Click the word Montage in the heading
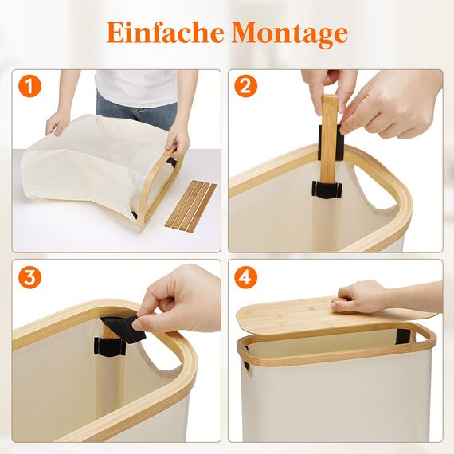pos(290,34)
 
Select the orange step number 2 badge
pos(247,86)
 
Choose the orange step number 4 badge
pos(247,278)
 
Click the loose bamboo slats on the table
pos(190,205)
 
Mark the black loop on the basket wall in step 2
pos(327,190)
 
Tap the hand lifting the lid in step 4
pos(362,298)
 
